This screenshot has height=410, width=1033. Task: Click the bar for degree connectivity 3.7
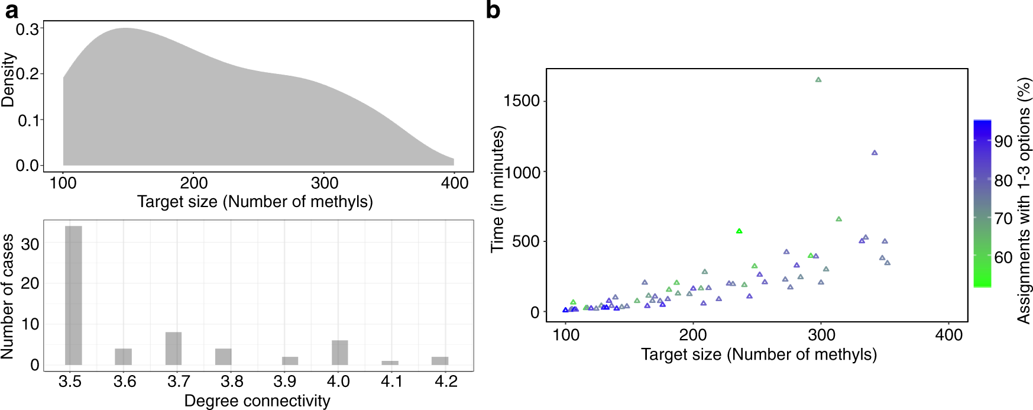[173, 348]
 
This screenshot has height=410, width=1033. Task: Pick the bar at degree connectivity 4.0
[339, 353]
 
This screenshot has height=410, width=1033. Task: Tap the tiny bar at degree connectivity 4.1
[390, 363]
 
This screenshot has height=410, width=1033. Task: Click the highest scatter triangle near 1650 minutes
[818, 80]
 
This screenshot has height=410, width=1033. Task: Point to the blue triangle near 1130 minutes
[875, 153]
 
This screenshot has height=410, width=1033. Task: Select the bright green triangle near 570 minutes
[739, 231]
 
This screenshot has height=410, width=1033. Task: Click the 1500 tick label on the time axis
[521, 101]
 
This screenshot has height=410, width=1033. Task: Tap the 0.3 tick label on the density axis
[27, 29]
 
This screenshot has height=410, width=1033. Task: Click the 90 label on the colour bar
[1003, 141]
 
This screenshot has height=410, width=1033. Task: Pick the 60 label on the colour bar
[1003, 257]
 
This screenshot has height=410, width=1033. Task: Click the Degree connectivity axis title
[257, 401]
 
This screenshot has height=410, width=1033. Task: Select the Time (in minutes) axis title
[498, 189]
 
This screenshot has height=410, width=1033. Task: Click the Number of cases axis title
[8, 296]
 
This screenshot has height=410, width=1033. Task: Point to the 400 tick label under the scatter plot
[948, 335]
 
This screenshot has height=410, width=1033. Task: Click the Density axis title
[8, 80]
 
